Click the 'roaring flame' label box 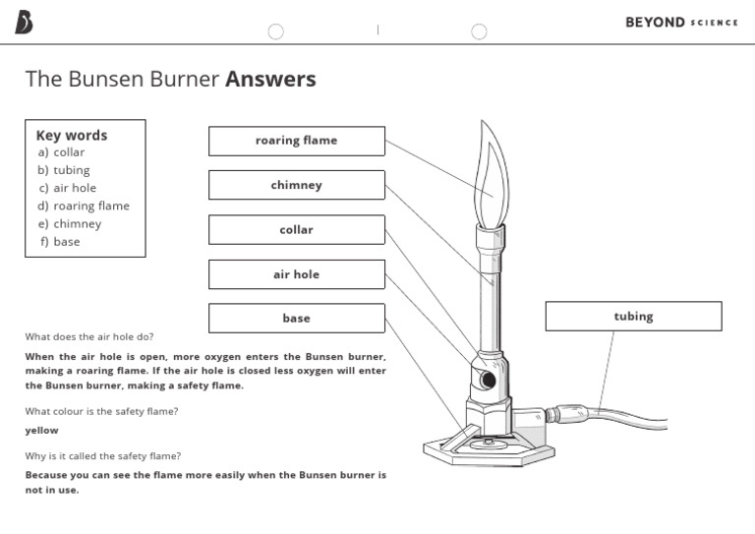pyautogui.click(x=296, y=141)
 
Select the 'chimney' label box pyautogui.click(x=296, y=185)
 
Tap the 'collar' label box pyautogui.click(x=296, y=230)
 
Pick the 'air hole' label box pyautogui.click(x=296, y=274)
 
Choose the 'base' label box pyautogui.click(x=296, y=319)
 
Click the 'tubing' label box pyautogui.click(x=633, y=317)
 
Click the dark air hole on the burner pyautogui.click(x=487, y=379)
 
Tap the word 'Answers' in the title pyautogui.click(x=270, y=80)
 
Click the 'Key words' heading pyautogui.click(x=72, y=136)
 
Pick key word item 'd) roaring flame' pyautogui.click(x=84, y=206)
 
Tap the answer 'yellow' pyautogui.click(x=41, y=431)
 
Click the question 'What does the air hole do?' pyautogui.click(x=89, y=336)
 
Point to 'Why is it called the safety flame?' pyautogui.click(x=103, y=456)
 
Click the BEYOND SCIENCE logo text pyautogui.click(x=681, y=23)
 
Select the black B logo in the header pyautogui.click(x=24, y=23)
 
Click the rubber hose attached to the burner pyautogui.click(x=629, y=418)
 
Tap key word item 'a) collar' pyautogui.click(x=61, y=152)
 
